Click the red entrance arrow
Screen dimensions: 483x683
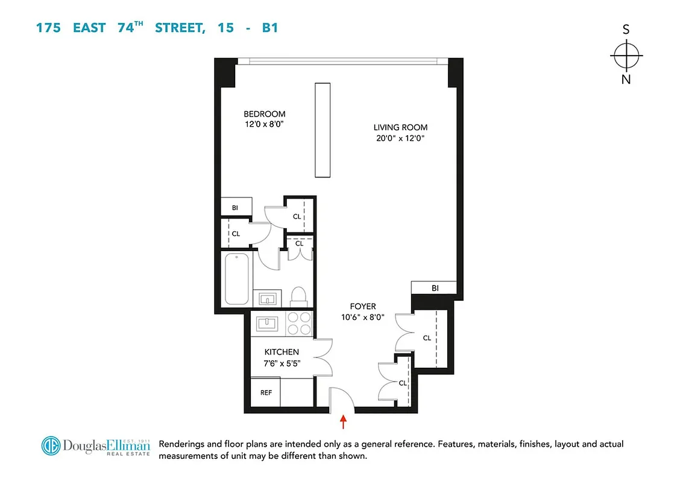tap(344, 421)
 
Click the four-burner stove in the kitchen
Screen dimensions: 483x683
tap(297, 323)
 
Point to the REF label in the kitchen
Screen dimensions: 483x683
tap(266, 392)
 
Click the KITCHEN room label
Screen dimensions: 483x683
tap(282, 352)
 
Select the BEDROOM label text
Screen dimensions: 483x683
tap(264, 114)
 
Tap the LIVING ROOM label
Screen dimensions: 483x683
tap(400, 127)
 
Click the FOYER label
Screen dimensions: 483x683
tap(362, 307)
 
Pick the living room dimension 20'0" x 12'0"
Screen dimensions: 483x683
tap(400, 138)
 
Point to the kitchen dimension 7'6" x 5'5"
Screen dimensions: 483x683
tap(282, 363)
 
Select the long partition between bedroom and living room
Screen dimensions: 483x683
tap(323, 129)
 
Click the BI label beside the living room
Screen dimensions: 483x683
tap(435, 289)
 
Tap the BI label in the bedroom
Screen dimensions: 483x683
tap(235, 208)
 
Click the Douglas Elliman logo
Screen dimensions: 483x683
tap(95, 446)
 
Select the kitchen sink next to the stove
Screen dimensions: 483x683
tap(266, 323)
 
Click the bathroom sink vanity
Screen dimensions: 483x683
tap(267, 297)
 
